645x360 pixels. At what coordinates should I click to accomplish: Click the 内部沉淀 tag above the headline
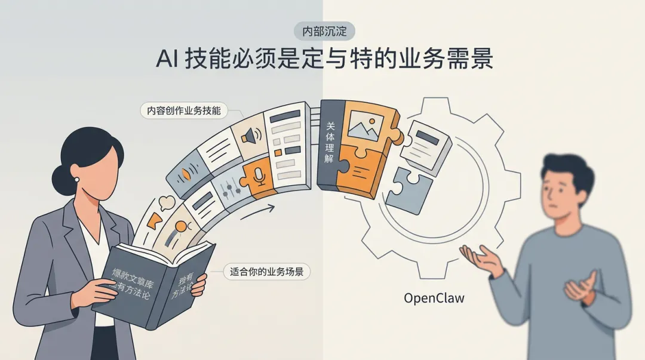324,31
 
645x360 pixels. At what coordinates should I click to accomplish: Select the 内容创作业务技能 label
184,110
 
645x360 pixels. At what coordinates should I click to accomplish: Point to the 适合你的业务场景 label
266,272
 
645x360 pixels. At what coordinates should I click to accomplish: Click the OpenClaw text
434,297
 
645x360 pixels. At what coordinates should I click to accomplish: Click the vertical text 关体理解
329,144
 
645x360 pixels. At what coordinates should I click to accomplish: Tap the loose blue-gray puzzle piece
409,190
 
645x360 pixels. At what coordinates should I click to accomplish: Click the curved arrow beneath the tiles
257,211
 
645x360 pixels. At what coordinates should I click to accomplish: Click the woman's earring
77,179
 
